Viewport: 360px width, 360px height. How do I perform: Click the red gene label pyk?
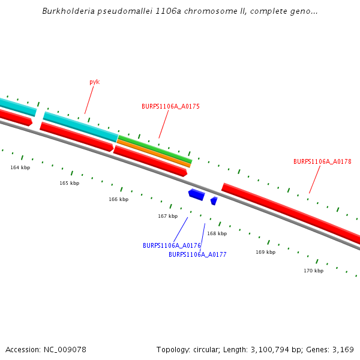coord(94,82)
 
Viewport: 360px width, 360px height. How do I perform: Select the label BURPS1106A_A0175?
coord(170,106)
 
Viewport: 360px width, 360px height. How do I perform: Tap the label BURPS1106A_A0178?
coord(322,161)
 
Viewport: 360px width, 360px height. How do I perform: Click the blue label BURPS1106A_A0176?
coord(172,245)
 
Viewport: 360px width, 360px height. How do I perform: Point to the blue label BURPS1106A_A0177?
coord(197,254)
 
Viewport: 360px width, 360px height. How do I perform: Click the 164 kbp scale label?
coord(20,167)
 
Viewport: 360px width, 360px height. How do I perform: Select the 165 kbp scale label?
coord(69,183)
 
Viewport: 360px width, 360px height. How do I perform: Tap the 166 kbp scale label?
coord(118,199)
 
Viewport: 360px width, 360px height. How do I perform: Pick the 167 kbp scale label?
coord(167,216)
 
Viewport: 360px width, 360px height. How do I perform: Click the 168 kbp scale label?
coord(217,233)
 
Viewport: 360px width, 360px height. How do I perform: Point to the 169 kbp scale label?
coord(265,252)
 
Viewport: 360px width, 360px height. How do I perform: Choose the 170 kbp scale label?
coord(313,271)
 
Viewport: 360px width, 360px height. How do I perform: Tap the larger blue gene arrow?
coord(196,194)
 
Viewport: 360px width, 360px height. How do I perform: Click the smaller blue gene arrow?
coord(214,200)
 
